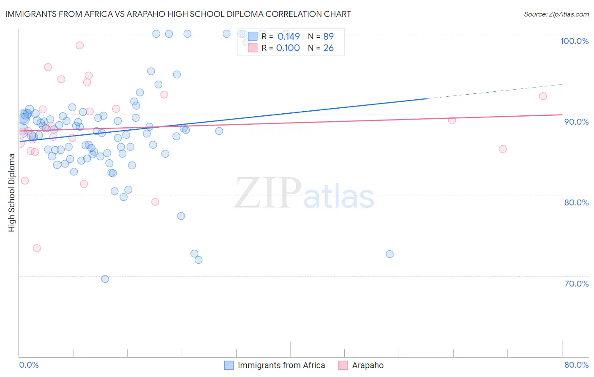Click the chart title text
(178, 14)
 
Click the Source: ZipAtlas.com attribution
(556, 14)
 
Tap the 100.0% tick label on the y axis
(574, 41)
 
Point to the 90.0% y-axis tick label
(576, 122)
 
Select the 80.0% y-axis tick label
(576, 202)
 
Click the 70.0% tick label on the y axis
(576, 284)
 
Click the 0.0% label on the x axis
(29, 365)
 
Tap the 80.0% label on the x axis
(576, 365)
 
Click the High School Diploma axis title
(11, 192)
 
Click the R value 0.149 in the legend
(289, 36)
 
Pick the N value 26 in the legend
(328, 48)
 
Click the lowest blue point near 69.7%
(105, 279)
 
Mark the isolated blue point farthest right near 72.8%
(390, 254)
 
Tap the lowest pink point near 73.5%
(37, 248)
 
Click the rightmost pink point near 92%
(543, 96)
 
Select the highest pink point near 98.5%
(79, 45)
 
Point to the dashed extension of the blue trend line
(494, 91)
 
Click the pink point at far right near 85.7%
(503, 149)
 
